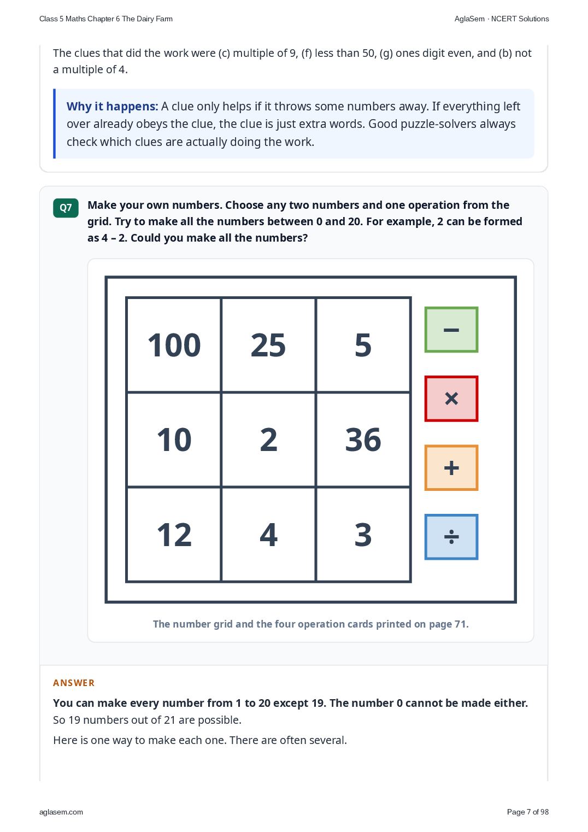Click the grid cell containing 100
point(174,345)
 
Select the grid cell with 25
point(268,345)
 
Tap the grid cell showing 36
point(363,440)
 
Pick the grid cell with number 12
point(174,534)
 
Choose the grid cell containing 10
point(174,440)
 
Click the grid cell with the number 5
point(363,345)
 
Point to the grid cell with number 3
point(363,534)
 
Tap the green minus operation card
point(451,330)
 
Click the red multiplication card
point(451,399)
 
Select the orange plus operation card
point(451,467)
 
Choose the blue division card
point(451,537)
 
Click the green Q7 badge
point(66,208)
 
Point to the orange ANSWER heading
point(73,683)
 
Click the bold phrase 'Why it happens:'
point(112,107)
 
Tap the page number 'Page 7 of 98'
point(527,812)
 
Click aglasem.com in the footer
point(61,812)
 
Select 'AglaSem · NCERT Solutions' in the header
point(502,19)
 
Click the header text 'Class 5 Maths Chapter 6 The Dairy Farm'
point(106,19)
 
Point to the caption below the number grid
point(311,624)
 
